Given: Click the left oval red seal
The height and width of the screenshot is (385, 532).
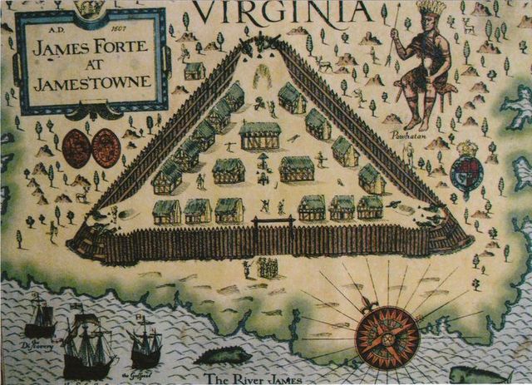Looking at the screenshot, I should click(76, 148).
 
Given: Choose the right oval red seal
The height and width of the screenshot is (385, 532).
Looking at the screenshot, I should click(106, 148).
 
